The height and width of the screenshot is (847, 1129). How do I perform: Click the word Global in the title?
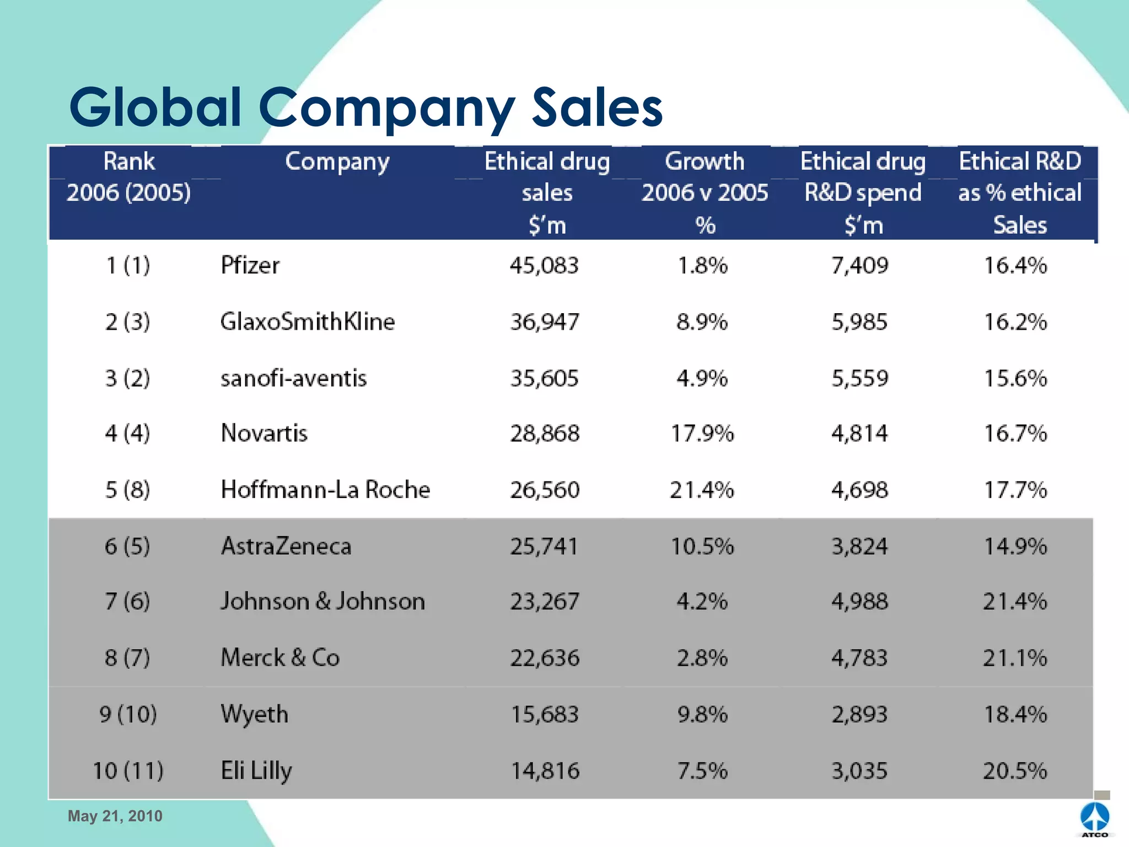pyautogui.click(x=155, y=108)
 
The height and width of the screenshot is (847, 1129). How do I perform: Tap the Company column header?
pyautogui.click(x=337, y=162)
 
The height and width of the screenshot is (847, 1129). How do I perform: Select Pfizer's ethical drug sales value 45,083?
pyautogui.click(x=544, y=266)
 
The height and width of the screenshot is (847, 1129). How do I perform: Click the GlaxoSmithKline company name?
pyautogui.click(x=307, y=321)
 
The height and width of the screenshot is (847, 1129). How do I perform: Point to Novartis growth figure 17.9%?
pyautogui.click(x=702, y=433)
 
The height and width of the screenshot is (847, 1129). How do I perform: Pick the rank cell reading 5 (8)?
pyautogui.click(x=127, y=490)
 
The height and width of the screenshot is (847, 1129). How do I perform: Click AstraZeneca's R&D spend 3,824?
pyautogui.click(x=859, y=546)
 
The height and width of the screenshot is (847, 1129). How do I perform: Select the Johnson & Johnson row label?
pyautogui.click(x=322, y=601)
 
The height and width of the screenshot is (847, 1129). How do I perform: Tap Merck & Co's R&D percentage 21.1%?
pyautogui.click(x=1015, y=658)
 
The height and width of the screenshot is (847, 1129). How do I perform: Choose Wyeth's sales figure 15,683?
pyautogui.click(x=544, y=715)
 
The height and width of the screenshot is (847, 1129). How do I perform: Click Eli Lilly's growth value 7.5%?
pyautogui.click(x=702, y=771)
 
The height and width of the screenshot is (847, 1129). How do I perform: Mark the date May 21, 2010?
pyautogui.click(x=115, y=816)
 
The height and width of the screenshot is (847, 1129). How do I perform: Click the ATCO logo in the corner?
pyautogui.click(x=1095, y=818)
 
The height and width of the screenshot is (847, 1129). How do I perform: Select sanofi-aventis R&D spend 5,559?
pyautogui.click(x=859, y=378)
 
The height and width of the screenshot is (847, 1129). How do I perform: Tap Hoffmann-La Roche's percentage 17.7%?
pyautogui.click(x=1015, y=490)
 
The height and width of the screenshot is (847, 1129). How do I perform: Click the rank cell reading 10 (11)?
pyautogui.click(x=128, y=771)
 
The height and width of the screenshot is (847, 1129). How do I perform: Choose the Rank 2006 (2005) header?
pyautogui.click(x=129, y=177)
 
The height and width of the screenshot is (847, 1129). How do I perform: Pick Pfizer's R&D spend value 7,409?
pyautogui.click(x=859, y=266)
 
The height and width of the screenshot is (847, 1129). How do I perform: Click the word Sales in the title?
pyautogui.click(x=596, y=108)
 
